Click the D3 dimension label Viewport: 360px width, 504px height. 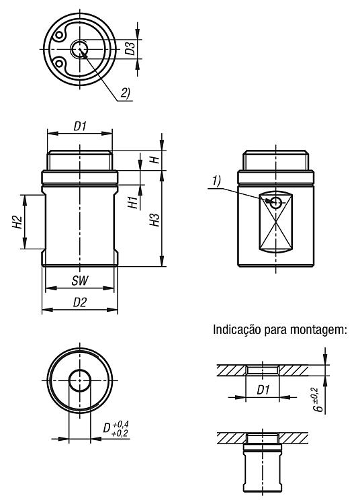tap(130, 48)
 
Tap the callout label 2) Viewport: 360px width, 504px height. tap(125, 93)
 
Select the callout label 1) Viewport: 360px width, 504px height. tap(216, 181)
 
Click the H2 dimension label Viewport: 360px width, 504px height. tap(18, 222)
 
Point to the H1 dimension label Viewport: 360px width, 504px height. tap(133, 202)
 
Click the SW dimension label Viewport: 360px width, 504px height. tap(79, 281)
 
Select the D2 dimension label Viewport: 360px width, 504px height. tap(80, 302)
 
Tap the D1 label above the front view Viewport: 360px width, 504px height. tap(80, 126)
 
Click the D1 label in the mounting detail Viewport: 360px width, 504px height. tap(263, 390)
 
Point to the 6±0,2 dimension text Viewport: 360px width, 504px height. tap(316, 400)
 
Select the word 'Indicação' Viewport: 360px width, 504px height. tap(237, 329)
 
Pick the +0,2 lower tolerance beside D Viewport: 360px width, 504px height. tap(120, 433)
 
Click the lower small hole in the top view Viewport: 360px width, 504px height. tap(59, 63)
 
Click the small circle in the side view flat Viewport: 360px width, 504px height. tap(275, 202)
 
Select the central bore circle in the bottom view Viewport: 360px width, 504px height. tap(80, 380)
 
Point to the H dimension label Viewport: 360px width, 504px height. tap(155, 159)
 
